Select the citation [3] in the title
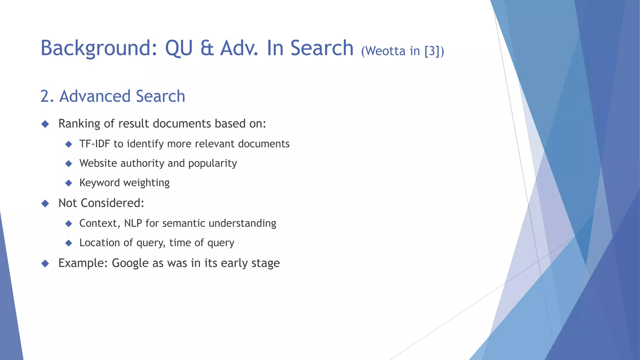[432, 51]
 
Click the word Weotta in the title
[385, 51]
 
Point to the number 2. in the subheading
[47, 96]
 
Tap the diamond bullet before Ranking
[45, 124]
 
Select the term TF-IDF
[95, 144]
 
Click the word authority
[142, 163]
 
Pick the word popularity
[212, 163]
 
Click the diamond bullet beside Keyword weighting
[69, 183]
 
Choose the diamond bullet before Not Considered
[45, 203]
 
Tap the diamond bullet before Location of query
[69, 243]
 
